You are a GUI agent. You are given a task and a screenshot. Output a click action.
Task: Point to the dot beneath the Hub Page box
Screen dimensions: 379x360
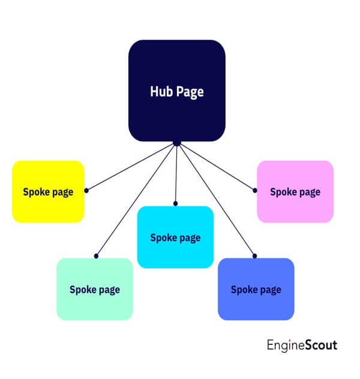coord(177,143)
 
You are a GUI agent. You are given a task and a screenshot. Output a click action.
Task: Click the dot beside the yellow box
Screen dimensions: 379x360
coord(86,190)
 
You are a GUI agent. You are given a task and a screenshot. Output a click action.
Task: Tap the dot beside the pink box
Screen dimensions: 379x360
coord(255,190)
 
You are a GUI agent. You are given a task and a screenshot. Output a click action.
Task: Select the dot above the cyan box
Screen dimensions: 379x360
coord(176,203)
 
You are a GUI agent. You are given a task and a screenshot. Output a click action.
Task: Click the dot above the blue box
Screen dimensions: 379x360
coord(254,255)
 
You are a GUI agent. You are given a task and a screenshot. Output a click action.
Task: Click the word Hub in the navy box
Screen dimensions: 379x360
coord(160,92)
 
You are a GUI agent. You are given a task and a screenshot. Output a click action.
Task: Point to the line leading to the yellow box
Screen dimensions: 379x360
coord(132,166)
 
